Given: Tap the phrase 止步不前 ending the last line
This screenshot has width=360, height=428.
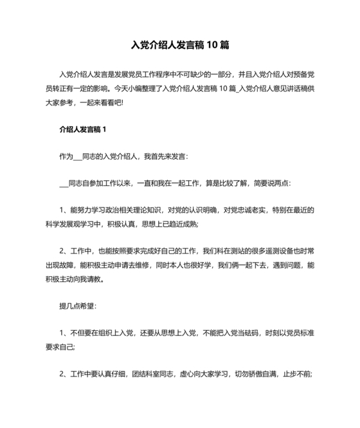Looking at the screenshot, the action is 297,374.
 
